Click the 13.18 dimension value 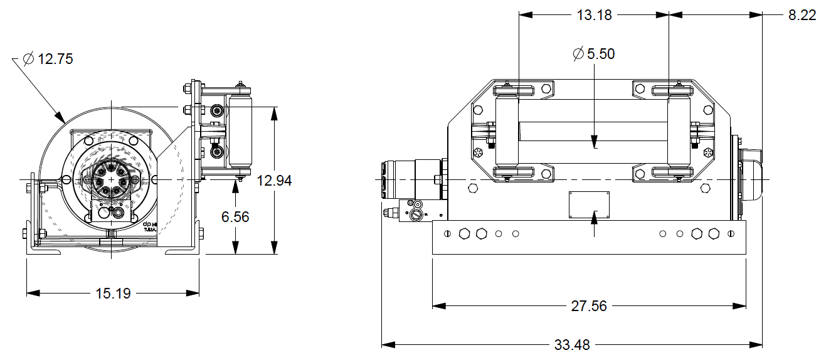click(x=594, y=15)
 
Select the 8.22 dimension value click(x=802, y=15)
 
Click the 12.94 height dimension click(x=275, y=181)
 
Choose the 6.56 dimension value click(x=235, y=216)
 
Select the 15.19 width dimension click(x=113, y=293)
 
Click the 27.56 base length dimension click(x=590, y=306)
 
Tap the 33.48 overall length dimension click(x=572, y=344)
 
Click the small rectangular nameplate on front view click(x=589, y=205)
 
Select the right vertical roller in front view click(x=679, y=134)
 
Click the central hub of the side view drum click(x=111, y=179)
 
